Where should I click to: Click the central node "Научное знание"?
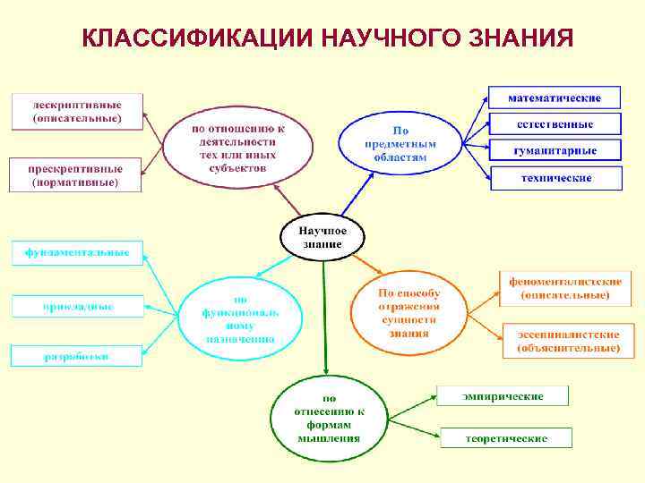coord(322,237)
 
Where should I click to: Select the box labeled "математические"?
coord(554,97)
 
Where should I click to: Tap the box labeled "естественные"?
coord(555,123)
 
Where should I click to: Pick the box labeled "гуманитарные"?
coord(555,150)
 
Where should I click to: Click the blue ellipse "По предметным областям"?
coord(400,142)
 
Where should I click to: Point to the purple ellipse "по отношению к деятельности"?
coord(237,148)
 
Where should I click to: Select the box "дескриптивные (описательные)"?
coord(77,110)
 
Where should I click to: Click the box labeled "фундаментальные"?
coord(77,253)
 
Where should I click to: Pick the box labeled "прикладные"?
coord(77,307)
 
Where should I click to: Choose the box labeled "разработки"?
coord(76,356)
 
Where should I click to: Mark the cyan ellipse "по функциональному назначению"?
coord(240,319)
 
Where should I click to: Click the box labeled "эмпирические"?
coord(503,395)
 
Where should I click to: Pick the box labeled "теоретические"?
coord(506,438)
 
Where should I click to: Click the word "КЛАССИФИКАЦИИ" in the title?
coord(195,39)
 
